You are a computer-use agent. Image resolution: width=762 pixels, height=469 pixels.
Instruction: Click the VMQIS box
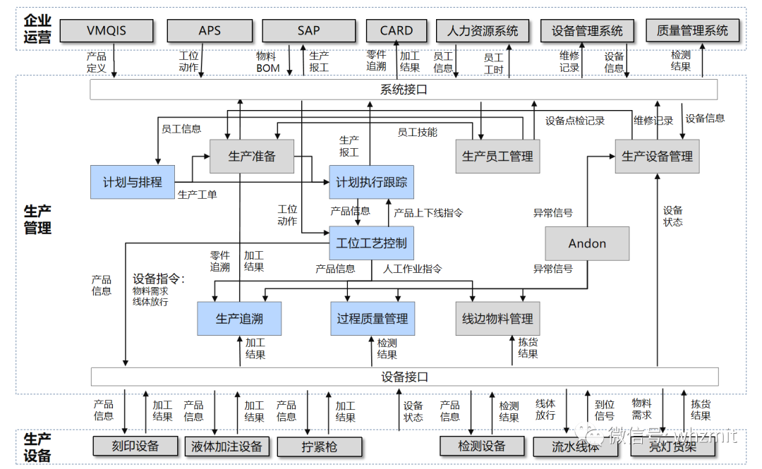(107, 31)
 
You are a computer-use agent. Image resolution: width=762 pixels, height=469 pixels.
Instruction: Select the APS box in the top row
(210, 31)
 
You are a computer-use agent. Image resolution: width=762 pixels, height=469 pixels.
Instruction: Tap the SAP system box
(308, 31)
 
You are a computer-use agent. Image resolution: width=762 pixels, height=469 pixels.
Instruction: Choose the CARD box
(397, 31)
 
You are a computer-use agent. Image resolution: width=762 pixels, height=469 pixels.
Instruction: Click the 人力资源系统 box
(483, 31)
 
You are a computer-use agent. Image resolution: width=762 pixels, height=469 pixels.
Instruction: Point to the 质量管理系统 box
(692, 31)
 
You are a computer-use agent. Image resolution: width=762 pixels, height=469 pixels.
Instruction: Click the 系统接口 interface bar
(404, 90)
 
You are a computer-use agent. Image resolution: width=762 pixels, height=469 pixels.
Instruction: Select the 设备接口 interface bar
(404, 377)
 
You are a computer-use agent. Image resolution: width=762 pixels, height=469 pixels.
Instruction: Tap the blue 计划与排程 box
(133, 182)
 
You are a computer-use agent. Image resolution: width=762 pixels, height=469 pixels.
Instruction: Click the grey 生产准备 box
(252, 157)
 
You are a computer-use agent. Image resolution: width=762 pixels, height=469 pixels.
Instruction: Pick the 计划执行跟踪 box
(371, 182)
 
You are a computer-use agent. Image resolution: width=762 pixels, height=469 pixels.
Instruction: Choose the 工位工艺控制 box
(371, 243)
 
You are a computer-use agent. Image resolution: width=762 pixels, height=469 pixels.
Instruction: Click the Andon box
(587, 243)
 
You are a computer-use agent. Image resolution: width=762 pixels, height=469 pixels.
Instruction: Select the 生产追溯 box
(239, 319)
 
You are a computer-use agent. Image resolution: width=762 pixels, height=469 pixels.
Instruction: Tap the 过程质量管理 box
(372, 319)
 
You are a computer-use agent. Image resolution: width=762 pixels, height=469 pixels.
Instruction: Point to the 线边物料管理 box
(497, 319)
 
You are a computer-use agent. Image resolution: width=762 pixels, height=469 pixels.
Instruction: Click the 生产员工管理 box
(497, 157)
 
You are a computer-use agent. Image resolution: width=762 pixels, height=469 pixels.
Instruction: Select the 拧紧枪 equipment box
(320, 446)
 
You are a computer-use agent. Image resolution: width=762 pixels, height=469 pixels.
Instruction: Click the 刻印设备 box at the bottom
(135, 446)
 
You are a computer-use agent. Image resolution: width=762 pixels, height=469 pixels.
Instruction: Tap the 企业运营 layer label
(37, 29)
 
